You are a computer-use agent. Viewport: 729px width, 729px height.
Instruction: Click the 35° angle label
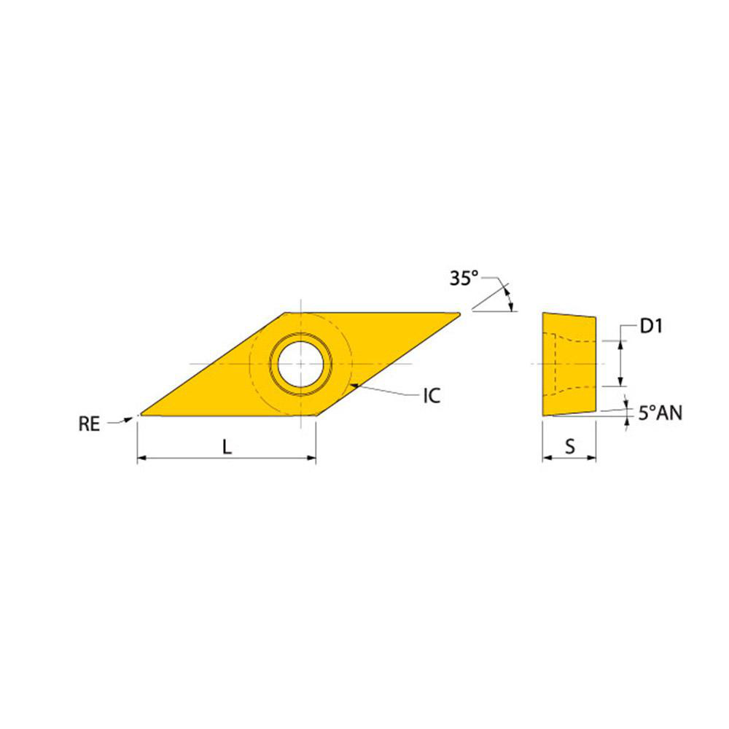tap(464, 278)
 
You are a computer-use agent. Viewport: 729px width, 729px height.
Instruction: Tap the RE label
tap(89, 424)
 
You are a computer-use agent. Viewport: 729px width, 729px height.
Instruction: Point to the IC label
tap(432, 396)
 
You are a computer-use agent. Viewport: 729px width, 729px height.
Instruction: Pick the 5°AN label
tap(660, 413)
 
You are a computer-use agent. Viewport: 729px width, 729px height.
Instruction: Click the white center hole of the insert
tap(300, 363)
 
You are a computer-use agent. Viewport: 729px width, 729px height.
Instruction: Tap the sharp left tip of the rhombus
tap(140, 416)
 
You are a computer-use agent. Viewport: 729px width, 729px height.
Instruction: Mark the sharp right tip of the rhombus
tap(460, 314)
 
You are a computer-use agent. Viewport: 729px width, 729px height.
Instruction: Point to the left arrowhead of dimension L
tap(141, 459)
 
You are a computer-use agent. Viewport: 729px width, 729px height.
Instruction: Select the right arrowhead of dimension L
tap(312, 459)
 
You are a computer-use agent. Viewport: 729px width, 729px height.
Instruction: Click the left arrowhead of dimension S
tap(546, 459)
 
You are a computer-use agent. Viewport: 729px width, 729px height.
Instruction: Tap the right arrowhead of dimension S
tap(593, 459)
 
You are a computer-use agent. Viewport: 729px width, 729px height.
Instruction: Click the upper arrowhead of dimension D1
tap(620, 345)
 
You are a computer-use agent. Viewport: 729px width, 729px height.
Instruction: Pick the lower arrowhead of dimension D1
tap(620, 381)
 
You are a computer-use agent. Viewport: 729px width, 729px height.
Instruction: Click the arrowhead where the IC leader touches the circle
tap(351, 384)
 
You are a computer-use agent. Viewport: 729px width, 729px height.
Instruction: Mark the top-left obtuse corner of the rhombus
tap(285, 313)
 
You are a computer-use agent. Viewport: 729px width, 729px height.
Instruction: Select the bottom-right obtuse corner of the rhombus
tap(316, 416)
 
